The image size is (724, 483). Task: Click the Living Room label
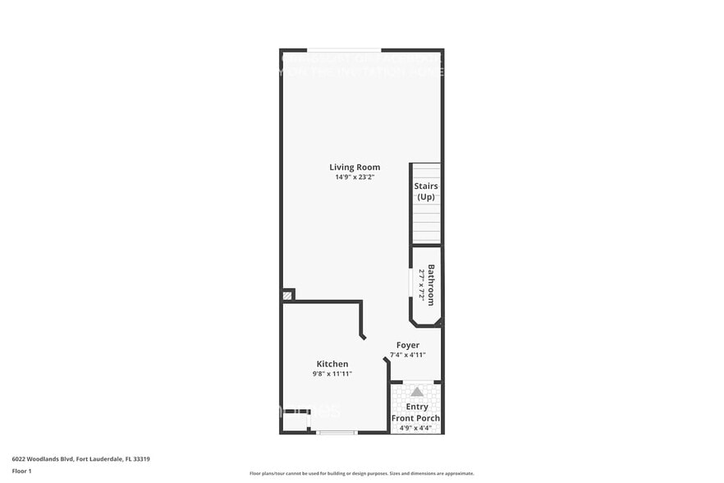(355, 168)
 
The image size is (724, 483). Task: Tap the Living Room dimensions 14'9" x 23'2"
(355, 177)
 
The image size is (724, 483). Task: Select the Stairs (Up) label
(425, 191)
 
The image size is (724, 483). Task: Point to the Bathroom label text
(431, 284)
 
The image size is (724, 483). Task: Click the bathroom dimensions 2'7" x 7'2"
(422, 284)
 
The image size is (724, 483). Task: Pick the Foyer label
(407, 345)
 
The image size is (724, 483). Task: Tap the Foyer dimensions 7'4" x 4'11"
(407, 355)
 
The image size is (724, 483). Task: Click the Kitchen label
(332, 364)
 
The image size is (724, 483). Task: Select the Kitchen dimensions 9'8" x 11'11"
(332, 374)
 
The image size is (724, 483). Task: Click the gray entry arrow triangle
(417, 392)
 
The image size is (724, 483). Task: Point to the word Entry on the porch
(417, 407)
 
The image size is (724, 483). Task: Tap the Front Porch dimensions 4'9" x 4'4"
(417, 427)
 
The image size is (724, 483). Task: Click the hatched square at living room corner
(287, 295)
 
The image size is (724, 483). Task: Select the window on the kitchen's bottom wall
(337, 432)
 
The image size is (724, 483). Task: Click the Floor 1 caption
(22, 471)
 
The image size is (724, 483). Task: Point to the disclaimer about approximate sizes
(361, 473)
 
